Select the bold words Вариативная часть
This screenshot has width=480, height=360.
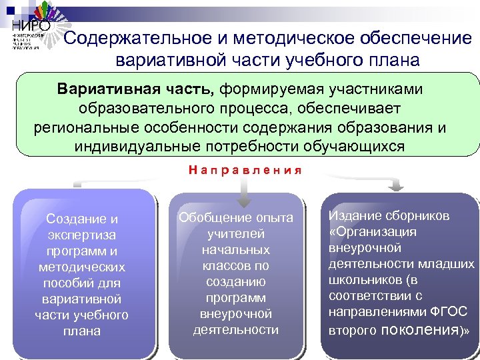click(136, 89)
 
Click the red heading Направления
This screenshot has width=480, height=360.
click(245, 170)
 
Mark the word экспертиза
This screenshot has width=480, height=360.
click(81, 235)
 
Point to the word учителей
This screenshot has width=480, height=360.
click(235, 234)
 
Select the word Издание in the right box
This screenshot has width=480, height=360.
click(353, 216)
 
